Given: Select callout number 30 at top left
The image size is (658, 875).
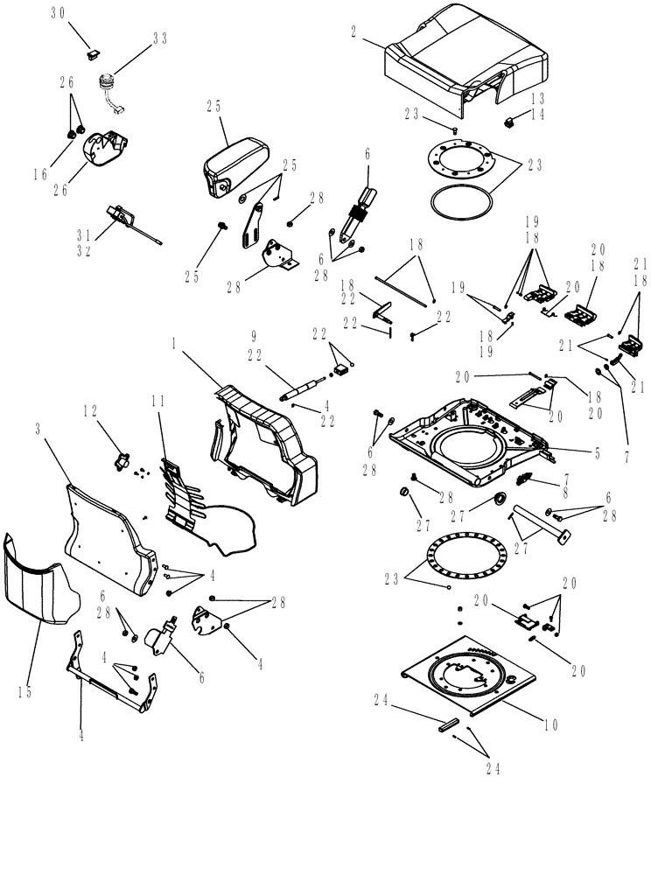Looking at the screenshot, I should (x=58, y=12).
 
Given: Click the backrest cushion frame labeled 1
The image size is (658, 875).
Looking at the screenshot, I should (x=262, y=437).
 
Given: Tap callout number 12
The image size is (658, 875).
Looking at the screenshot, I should (x=90, y=410).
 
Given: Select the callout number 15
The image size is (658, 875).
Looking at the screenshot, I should (x=24, y=692).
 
